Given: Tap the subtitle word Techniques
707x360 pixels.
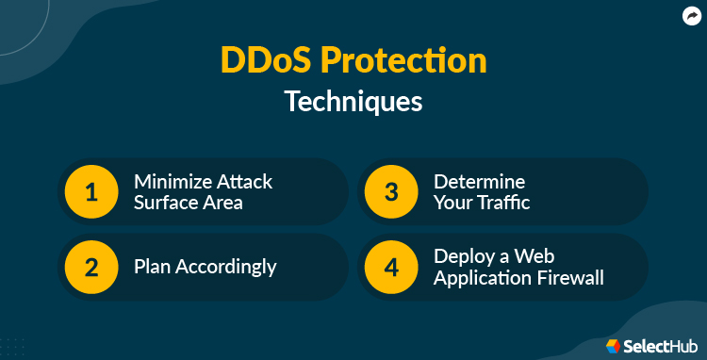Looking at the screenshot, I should [353, 101].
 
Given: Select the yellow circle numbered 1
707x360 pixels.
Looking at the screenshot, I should [90, 192].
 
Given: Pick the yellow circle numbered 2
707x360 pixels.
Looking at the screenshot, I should [90, 267].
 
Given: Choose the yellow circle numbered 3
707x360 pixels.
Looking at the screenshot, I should [390, 192].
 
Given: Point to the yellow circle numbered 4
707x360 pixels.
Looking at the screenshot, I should [390, 267].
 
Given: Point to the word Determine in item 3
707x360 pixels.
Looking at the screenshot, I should [478, 181].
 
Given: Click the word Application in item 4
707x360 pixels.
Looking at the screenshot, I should [481, 278].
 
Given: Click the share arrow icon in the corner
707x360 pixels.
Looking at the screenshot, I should [689, 15].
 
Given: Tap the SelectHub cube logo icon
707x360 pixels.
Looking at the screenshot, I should [614, 345].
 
